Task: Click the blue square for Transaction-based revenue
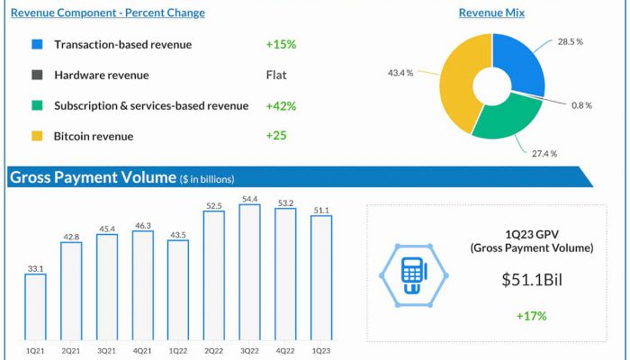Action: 37,44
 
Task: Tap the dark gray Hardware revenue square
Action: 37,75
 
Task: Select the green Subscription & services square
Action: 37,105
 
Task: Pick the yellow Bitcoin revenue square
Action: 37,136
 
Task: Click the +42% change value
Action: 281,105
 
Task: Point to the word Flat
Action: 276,75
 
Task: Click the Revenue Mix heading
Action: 491,13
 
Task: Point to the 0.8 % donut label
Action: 582,104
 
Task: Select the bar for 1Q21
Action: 35,307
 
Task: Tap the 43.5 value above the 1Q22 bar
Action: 177,234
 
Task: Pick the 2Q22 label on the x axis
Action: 213,350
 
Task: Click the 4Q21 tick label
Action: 142,350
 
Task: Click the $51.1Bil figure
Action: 531,280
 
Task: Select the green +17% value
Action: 531,315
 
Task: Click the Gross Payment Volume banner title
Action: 92,177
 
